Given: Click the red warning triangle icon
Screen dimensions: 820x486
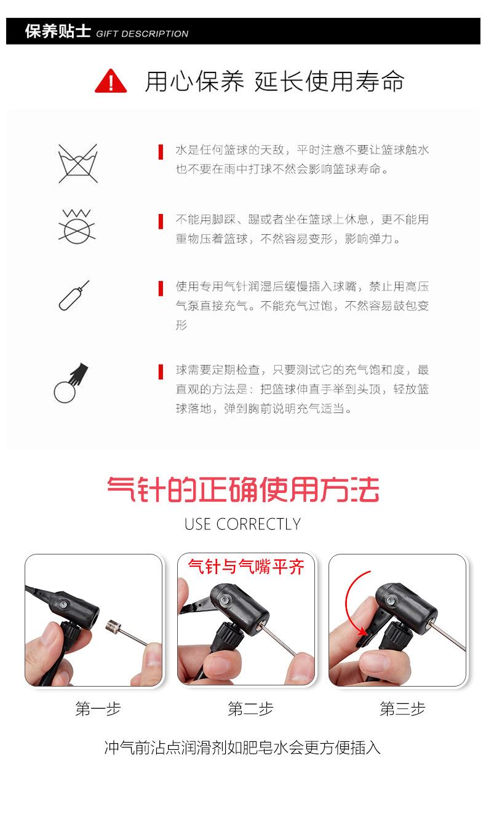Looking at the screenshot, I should pyautogui.click(x=111, y=81).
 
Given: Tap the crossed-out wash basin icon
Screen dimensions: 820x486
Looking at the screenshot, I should pyautogui.click(x=78, y=163).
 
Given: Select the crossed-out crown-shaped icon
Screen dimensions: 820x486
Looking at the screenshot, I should pyautogui.click(x=77, y=225).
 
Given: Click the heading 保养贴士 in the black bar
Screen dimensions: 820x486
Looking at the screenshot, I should pyautogui.click(x=58, y=32).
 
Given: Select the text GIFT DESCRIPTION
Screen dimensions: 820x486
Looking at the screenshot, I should pyautogui.click(x=142, y=34).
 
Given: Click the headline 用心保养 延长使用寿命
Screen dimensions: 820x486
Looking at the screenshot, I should pyautogui.click(x=274, y=81).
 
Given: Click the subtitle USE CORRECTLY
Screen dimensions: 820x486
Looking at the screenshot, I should pyautogui.click(x=242, y=524).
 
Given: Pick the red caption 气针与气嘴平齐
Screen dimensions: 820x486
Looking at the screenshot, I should pyautogui.click(x=246, y=566).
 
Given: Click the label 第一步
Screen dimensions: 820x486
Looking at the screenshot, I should pyautogui.click(x=98, y=709).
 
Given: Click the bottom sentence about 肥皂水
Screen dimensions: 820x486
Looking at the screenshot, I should pyautogui.click(x=242, y=747).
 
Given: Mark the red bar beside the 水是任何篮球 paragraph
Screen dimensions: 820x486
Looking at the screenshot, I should pyautogui.click(x=161, y=151).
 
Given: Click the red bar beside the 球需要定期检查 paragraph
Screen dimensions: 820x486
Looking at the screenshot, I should pyautogui.click(x=161, y=371).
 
